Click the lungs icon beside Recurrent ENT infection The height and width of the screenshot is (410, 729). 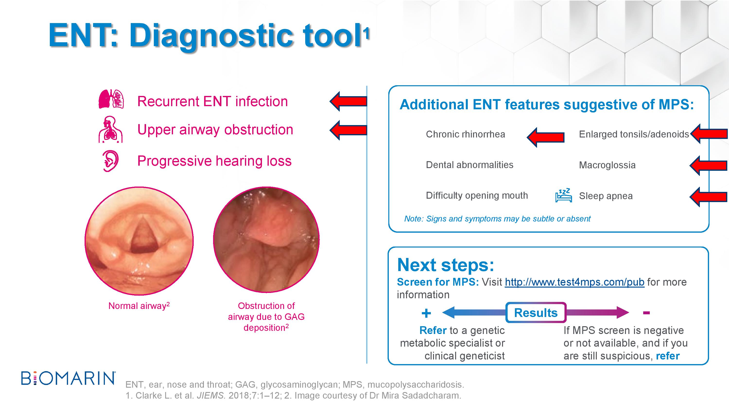click(111, 99)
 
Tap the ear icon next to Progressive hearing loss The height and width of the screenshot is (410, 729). click(110, 161)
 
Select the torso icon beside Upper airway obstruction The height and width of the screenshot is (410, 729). click(111, 129)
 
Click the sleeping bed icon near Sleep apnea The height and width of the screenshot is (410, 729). click(564, 195)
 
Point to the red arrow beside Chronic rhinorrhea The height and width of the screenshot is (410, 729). click(546, 137)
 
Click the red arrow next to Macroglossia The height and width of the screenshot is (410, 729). click(708, 165)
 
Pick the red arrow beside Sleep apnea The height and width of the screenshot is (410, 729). click(708, 197)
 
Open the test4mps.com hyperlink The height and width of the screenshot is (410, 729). click(574, 282)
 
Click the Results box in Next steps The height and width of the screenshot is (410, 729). click(536, 313)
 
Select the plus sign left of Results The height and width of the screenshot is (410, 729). click(426, 313)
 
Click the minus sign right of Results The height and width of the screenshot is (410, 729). click(646, 313)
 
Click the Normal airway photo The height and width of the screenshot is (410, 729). click(139, 241)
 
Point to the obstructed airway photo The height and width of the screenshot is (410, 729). click(266, 239)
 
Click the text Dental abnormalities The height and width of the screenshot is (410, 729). click(469, 165)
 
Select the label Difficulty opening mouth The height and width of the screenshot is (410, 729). click(477, 196)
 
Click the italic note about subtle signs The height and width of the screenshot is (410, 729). click(497, 219)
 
